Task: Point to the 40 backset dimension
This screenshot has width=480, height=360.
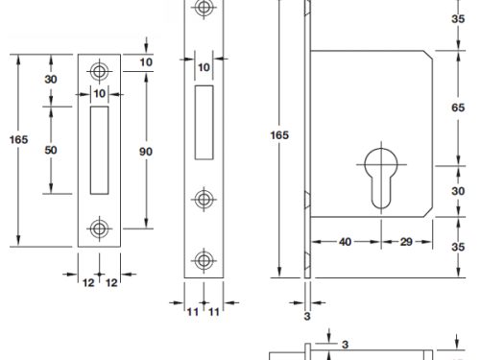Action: pyautogui.click(x=344, y=243)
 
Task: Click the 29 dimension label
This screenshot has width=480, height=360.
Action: pyautogui.click(x=406, y=243)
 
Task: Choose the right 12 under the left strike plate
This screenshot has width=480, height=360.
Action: pyautogui.click(x=112, y=282)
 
